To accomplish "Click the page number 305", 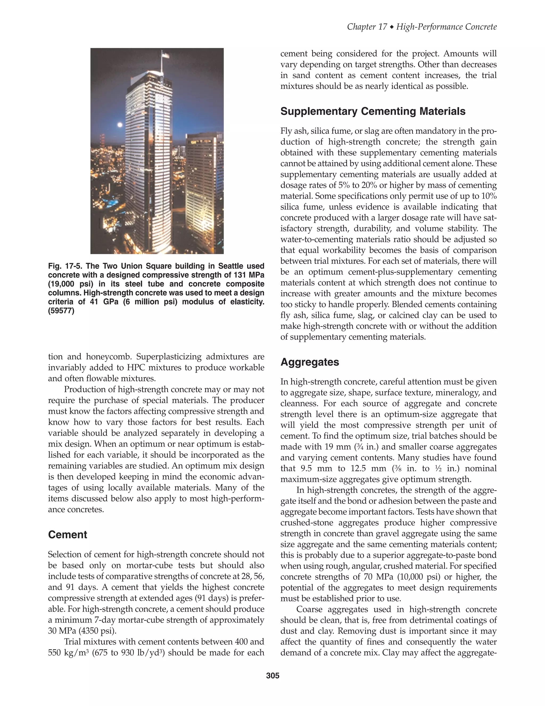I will tap(272, 676).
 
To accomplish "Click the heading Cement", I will tap(68, 534).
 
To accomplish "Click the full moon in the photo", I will tap(120, 124).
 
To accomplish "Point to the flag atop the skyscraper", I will tap(166, 55).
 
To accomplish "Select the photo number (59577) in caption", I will tap(61, 311).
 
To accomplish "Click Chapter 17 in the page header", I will tap(366, 27).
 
